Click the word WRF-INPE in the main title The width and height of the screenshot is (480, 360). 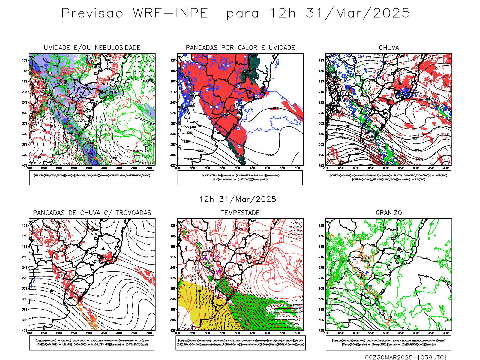point(170,13)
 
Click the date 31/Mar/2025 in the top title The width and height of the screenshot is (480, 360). point(358,13)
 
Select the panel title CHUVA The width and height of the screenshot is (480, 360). point(389,48)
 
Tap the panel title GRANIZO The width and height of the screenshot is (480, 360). point(389,213)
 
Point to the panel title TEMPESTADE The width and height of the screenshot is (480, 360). point(240,213)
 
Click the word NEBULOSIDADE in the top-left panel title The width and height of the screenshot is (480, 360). point(118,48)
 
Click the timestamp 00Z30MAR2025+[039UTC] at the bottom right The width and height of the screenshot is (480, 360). point(406,357)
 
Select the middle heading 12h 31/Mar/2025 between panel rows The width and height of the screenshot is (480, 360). point(238,199)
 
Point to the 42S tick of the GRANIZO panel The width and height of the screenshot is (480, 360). point(321,330)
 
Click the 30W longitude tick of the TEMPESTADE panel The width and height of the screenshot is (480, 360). point(297,333)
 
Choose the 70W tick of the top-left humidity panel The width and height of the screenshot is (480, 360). point(29,168)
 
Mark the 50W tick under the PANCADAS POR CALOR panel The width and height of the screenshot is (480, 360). point(238,168)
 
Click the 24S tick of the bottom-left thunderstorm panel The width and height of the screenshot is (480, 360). point(24,267)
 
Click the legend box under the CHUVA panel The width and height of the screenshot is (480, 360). point(388,178)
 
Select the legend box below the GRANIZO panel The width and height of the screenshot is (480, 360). point(388,343)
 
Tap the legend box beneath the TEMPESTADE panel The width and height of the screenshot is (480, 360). point(240,343)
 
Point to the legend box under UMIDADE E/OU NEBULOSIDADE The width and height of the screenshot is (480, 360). point(92,178)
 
